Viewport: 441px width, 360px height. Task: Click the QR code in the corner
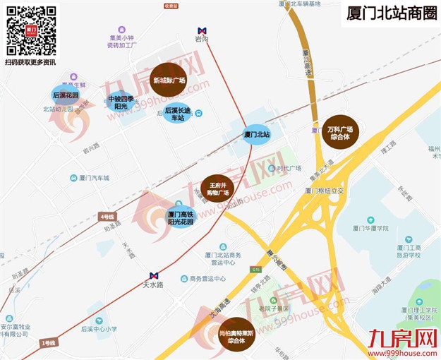(x=32, y=31)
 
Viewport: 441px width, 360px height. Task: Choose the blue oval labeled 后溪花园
(x=66, y=95)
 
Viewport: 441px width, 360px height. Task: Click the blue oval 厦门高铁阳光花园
(x=180, y=217)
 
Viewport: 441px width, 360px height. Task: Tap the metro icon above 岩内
(x=203, y=31)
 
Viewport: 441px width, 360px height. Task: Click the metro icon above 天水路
(x=154, y=276)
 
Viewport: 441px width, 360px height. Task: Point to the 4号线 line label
(x=107, y=215)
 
